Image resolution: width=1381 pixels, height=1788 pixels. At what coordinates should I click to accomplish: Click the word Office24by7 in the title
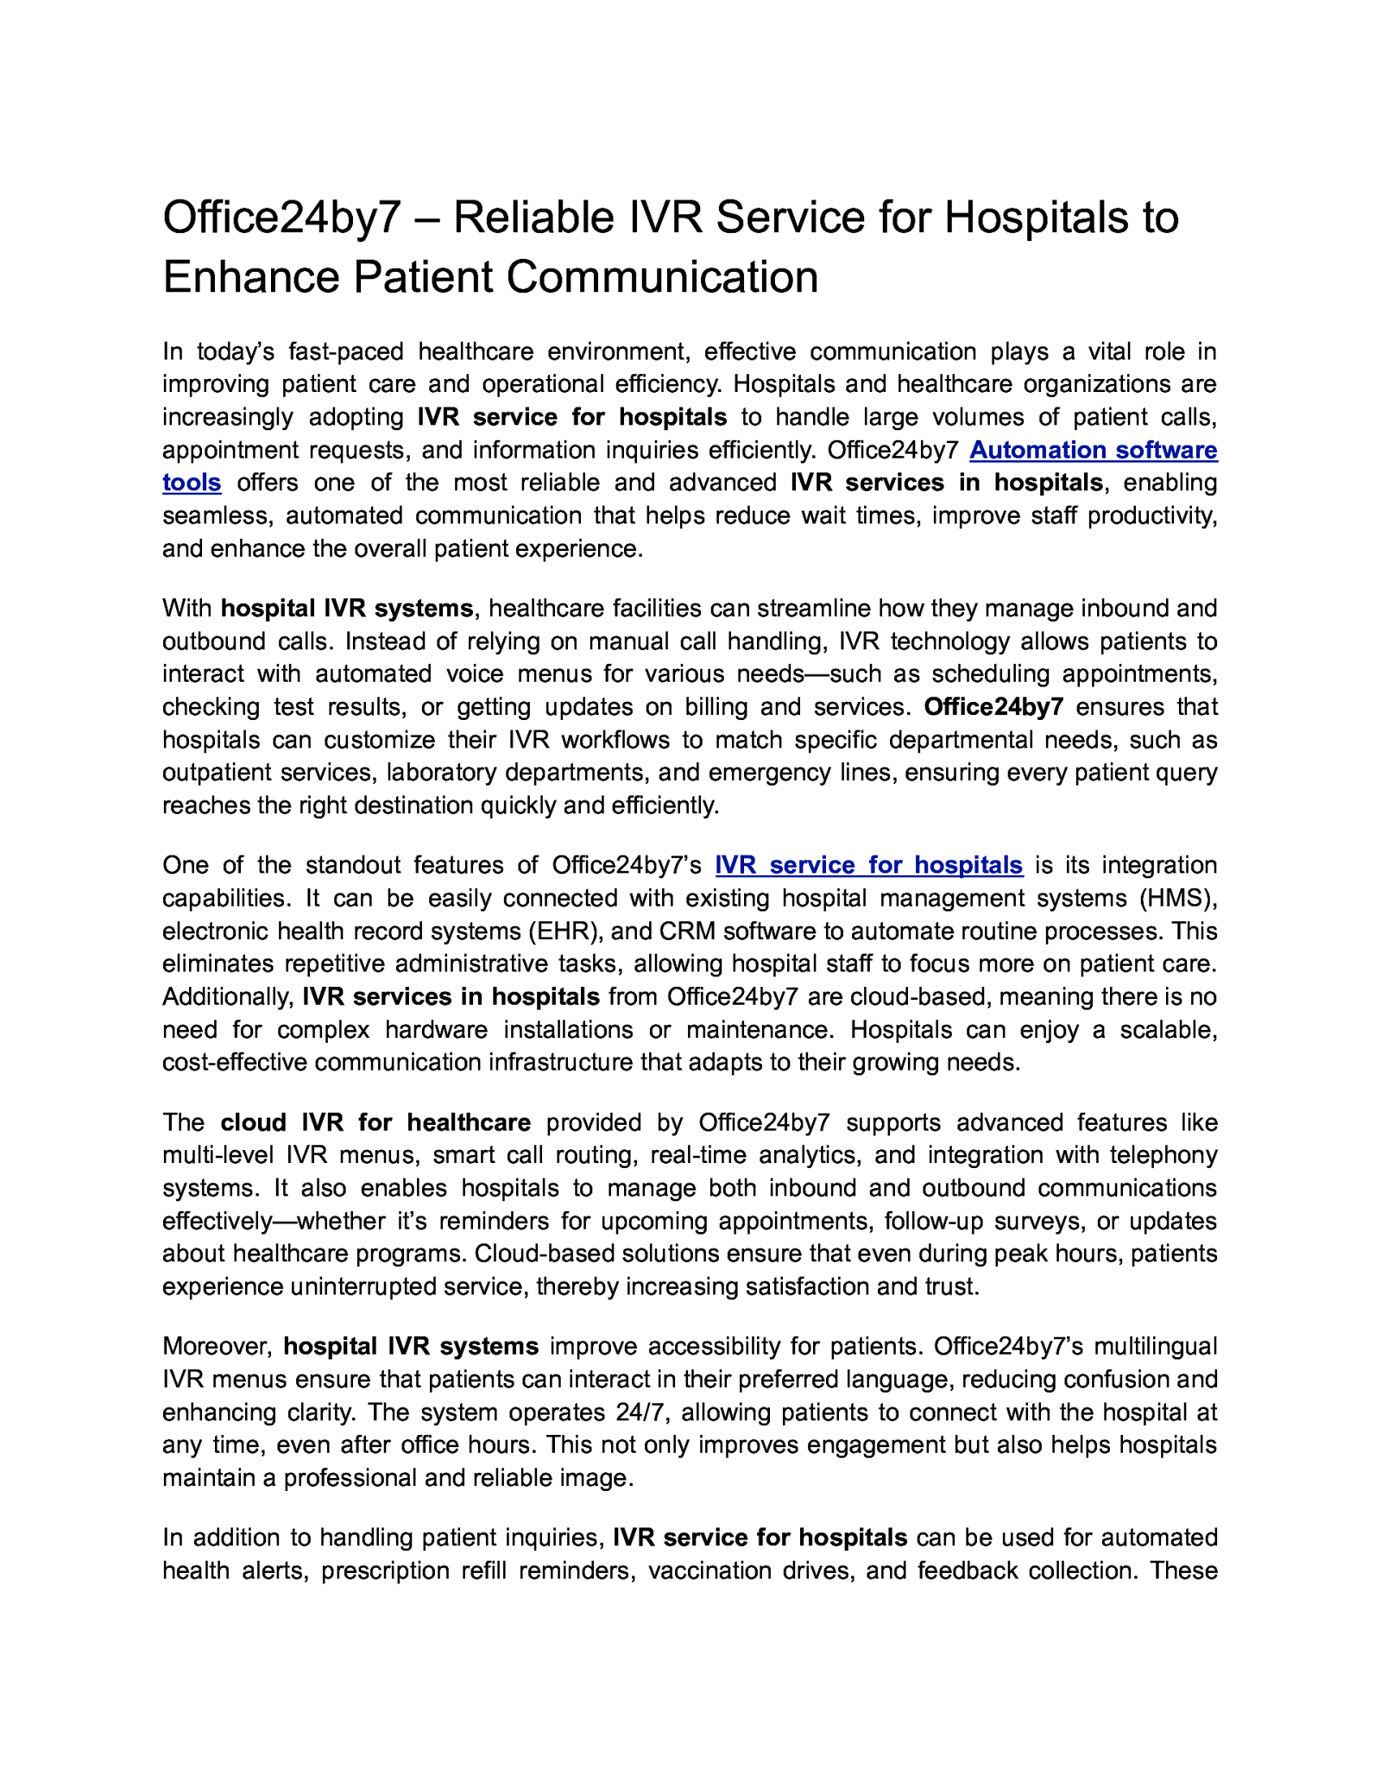(x=282, y=218)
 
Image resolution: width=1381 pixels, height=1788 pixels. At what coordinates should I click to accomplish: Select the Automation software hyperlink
(x=1093, y=450)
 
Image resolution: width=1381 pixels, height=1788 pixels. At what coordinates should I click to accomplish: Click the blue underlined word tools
(x=192, y=483)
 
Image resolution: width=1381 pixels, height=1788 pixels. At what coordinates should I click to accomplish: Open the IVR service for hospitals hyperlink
(x=868, y=865)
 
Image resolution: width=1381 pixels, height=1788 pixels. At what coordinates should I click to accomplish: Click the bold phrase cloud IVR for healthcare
(x=375, y=1122)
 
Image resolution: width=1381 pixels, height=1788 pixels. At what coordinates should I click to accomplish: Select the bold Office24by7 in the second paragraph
(x=993, y=707)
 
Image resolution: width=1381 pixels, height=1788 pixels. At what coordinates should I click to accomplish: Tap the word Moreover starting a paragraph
(x=218, y=1347)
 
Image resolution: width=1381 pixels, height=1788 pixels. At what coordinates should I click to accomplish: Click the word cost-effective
(x=235, y=1063)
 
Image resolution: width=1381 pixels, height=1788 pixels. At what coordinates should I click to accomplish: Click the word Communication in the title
(x=662, y=278)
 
